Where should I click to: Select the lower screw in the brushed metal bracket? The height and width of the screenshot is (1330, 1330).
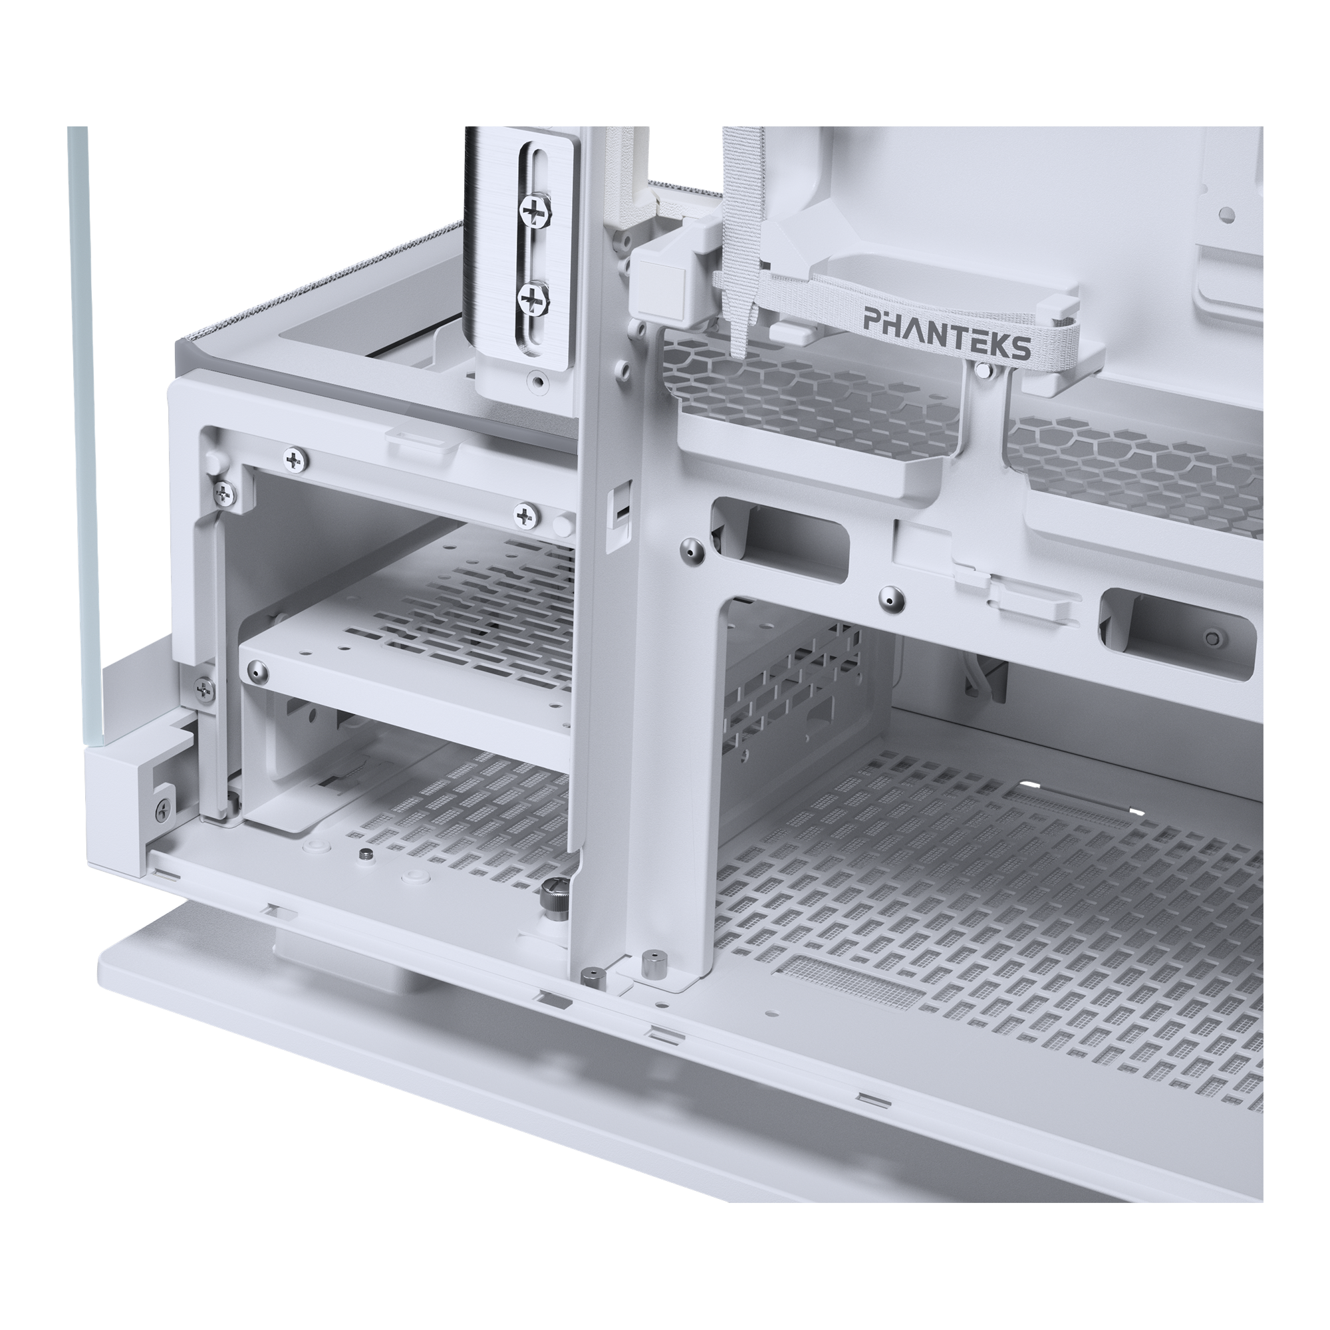[x=533, y=297]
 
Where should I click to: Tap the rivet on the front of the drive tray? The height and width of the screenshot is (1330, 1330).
[x=257, y=668]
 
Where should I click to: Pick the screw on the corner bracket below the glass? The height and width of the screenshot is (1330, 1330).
[x=162, y=809]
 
